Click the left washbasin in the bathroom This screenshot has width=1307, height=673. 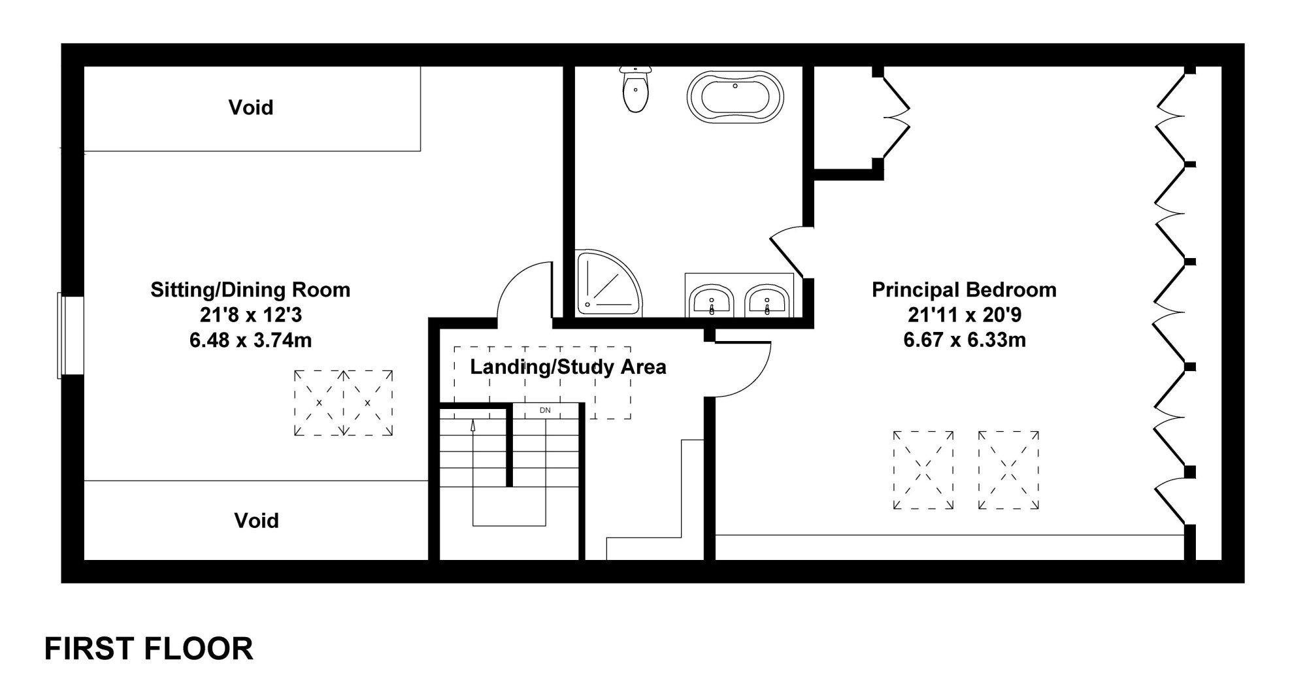pos(711,301)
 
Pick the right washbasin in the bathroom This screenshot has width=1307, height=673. pos(766,301)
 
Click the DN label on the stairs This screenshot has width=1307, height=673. pos(545,410)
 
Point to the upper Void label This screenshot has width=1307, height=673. pos(251,107)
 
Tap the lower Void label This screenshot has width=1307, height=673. pos(256,520)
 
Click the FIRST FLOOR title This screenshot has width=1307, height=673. pos(149,649)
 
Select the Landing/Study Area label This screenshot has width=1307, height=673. pos(568,367)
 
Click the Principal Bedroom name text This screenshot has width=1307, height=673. pos(964,289)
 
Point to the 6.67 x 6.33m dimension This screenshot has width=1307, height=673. pos(964,340)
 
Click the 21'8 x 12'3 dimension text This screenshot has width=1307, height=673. pos(251,315)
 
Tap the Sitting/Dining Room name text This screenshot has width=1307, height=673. pos(250,289)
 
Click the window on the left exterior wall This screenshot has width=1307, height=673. pos(71,335)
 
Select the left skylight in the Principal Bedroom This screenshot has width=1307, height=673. pos(923,469)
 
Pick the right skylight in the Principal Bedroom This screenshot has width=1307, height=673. pos(1008,469)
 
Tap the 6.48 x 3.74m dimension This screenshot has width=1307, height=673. pos(251,340)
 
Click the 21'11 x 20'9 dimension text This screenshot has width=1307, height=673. pos(964,315)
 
